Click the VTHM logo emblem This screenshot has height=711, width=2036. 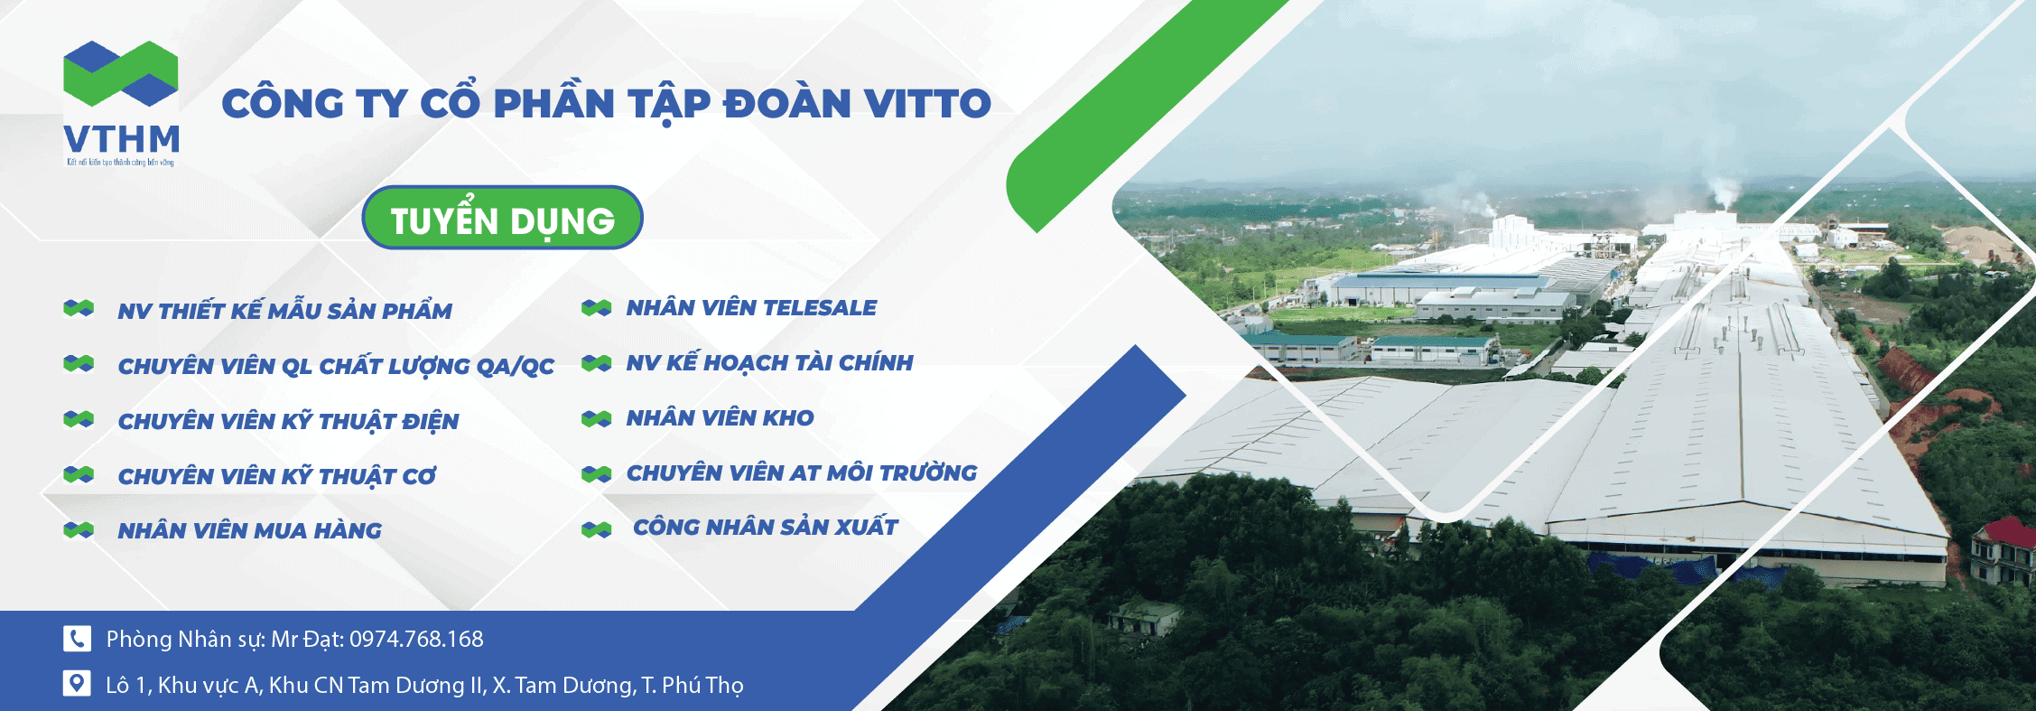[120, 73]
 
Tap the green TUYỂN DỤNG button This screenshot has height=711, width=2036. [502, 219]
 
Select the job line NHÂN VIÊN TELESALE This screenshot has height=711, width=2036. [751, 308]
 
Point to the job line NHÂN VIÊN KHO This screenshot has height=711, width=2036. [720, 418]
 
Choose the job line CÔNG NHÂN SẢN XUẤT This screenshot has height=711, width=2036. [765, 528]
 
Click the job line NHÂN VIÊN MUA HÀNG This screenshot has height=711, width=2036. [249, 531]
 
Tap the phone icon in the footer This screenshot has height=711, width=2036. [77, 639]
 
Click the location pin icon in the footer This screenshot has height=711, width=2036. [77, 684]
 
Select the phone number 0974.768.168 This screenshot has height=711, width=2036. [416, 640]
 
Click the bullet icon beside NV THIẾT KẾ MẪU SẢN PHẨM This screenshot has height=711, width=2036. [79, 309]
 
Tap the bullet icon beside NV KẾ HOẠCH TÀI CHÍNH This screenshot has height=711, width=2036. [597, 363]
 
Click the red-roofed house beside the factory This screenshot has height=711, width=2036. [2003, 547]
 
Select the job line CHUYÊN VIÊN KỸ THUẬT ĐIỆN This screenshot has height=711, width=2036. [288, 422]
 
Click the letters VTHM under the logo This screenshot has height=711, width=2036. [122, 140]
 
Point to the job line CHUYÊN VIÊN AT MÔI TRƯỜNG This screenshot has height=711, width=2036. [801, 473]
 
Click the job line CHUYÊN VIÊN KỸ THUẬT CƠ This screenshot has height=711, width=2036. [276, 477]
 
